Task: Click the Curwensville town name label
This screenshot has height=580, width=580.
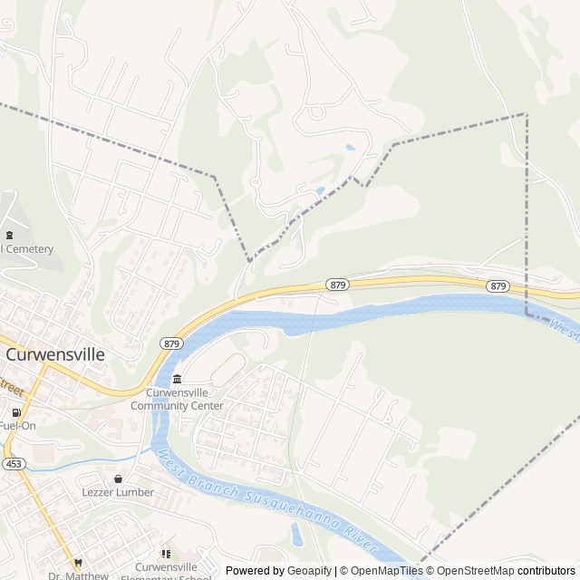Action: [x=56, y=355]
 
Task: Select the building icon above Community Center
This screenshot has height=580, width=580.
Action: [x=177, y=378]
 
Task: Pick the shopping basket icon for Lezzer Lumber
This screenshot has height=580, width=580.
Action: [x=118, y=478]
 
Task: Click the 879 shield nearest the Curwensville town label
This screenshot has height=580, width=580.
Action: [x=172, y=343]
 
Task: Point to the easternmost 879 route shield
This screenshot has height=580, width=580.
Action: [x=497, y=285]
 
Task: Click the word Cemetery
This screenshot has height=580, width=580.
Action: [x=29, y=249]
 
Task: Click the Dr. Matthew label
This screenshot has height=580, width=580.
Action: [x=78, y=575]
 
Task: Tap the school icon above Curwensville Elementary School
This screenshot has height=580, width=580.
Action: [x=165, y=554]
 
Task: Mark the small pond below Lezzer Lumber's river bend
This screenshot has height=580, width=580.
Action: [x=296, y=534]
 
